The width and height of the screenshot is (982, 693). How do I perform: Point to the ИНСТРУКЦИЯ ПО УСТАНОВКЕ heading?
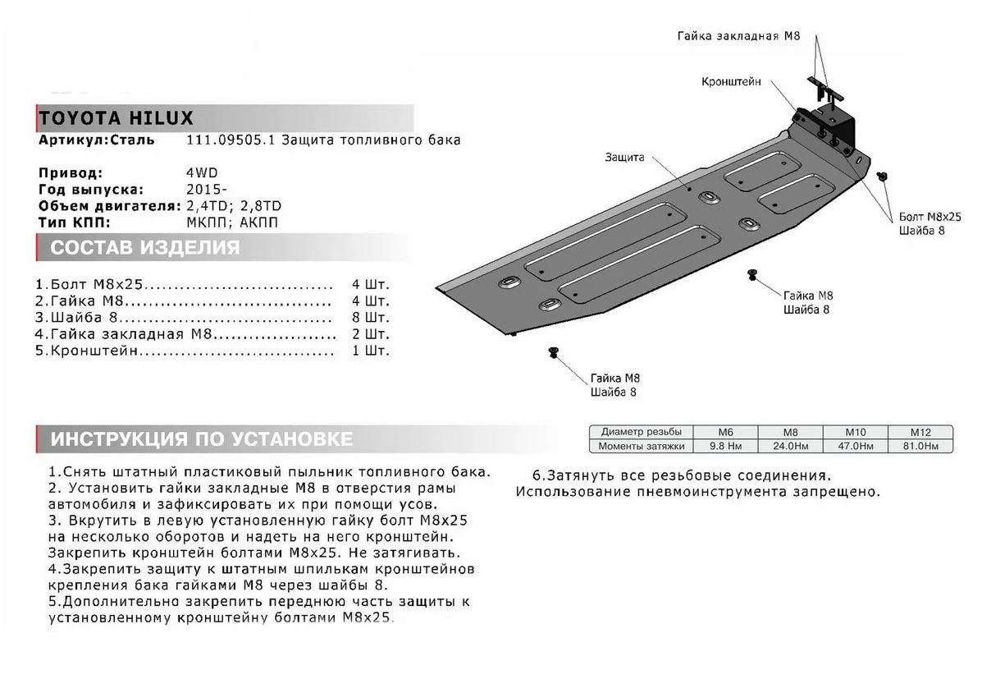[202, 439]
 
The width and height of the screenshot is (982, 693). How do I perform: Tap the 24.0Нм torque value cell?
[789, 446]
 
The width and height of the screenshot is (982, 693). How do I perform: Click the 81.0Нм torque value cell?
[920, 446]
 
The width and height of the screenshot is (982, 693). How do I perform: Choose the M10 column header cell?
[855, 432]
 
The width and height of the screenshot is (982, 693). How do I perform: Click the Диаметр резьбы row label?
[641, 432]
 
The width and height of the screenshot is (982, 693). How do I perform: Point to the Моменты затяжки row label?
[641, 446]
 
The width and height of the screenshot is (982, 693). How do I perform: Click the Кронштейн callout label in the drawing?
[731, 82]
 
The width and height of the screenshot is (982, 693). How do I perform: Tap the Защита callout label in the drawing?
[625, 157]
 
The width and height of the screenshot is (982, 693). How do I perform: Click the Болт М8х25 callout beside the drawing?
[929, 216]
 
